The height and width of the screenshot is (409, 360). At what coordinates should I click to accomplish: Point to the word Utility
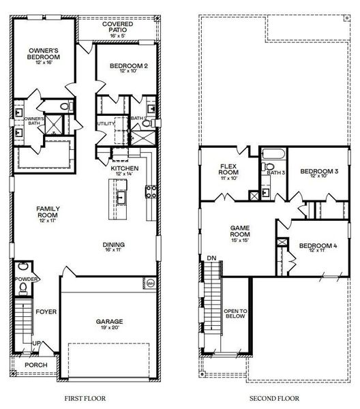point(106,123)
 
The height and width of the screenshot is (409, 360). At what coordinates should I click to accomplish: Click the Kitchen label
point(125,168)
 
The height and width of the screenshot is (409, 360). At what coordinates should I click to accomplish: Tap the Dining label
point(114,247)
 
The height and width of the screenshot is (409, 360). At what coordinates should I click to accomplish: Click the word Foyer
point(47,312)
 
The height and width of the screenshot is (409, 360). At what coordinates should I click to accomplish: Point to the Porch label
point(37,365)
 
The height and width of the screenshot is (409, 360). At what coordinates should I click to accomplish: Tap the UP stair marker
point(36,344)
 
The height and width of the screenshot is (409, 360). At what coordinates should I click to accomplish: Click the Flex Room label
point(228,170)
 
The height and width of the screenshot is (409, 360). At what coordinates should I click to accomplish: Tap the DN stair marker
point(211,258)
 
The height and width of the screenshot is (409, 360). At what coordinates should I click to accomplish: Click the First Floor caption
point(84,396)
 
